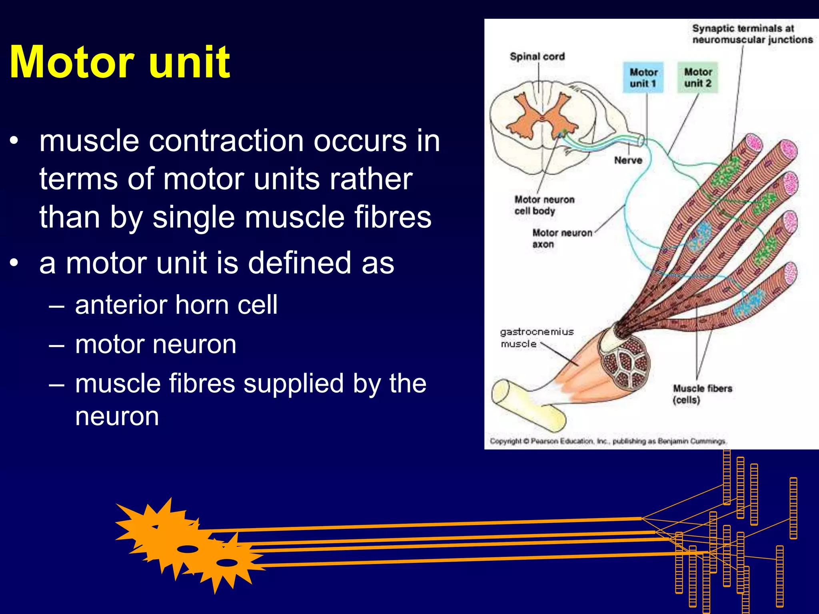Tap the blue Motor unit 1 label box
pos(643,78)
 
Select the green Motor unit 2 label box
pos(697,78)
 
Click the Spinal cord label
pos(537,56)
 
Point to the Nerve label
pos(628,160)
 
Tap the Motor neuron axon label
pos(561,238)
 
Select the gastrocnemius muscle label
pos(536,338)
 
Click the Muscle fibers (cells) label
pos(702,394)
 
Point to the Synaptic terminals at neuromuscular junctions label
pos(752,34)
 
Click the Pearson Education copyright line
pos(608,441)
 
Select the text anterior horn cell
pos(176,305)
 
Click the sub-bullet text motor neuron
pos(156,344)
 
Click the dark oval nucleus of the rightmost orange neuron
pos(227,562)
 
